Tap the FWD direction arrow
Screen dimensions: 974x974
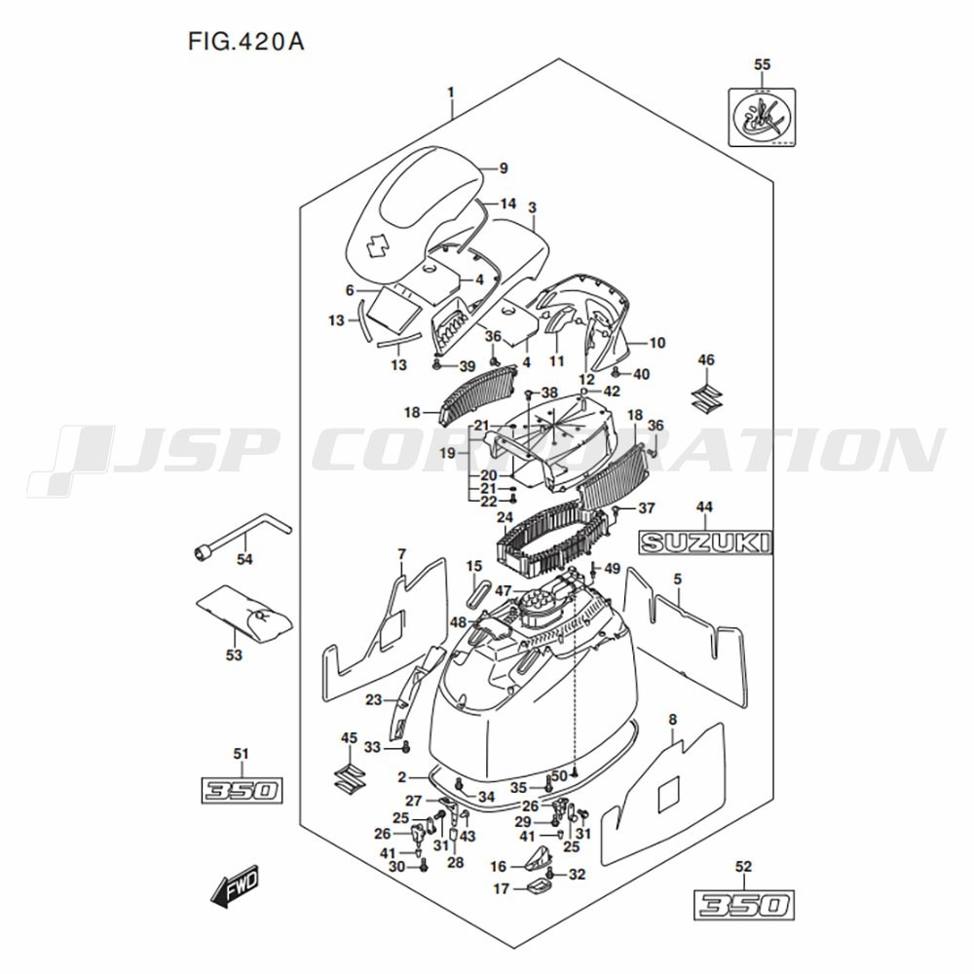point(234,888)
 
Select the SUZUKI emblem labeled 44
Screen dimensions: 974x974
point(705,543)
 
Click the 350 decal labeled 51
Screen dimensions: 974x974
point(242,790)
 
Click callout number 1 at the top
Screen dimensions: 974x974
point(451,93)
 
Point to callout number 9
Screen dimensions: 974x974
point(504,169)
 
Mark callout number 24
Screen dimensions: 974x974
point(505,516)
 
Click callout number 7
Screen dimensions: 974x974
point(401,554)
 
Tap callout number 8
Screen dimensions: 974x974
point(671,719)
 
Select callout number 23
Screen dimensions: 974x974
point(373,699)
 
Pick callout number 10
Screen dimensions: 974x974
point(657,343)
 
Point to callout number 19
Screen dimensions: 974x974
point(448,454)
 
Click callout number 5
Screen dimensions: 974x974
point(677,581)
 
